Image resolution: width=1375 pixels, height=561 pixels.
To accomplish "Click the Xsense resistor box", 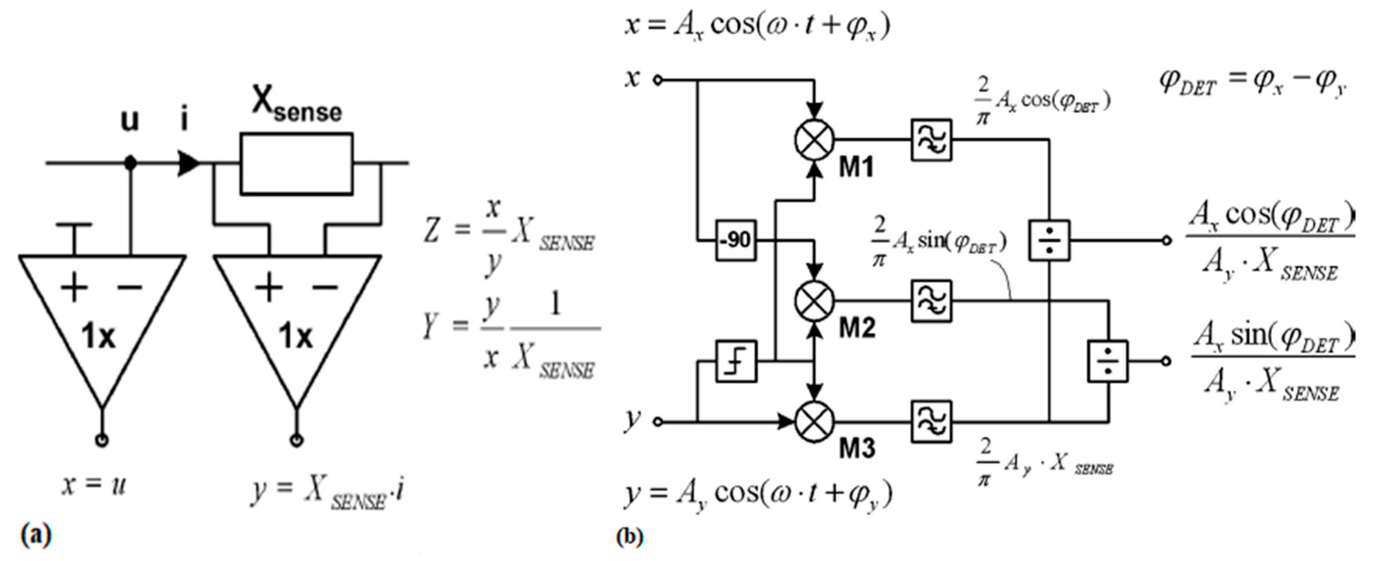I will (x=296, y=163).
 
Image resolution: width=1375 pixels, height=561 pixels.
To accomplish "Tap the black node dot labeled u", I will (x=130, y=163).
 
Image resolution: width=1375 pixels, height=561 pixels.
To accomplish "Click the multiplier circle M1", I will (x=814, y=140).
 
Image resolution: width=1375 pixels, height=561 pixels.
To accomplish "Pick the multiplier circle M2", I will (x=814, y=301).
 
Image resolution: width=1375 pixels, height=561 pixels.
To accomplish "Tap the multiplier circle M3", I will (x=814, y=421).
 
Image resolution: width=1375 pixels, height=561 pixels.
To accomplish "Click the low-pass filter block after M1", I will (x=931, y=140).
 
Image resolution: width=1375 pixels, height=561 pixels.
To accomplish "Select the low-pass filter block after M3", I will (x=931, y=421).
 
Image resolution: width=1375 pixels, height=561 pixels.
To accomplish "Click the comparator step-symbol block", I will (x=735, y=362).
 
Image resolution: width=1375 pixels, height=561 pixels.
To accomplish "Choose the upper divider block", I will (x=1049, y=241).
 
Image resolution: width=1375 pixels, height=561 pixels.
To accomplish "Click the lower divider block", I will (x=1108, y=361).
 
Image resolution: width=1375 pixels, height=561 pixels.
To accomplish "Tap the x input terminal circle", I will (x=658, y=81).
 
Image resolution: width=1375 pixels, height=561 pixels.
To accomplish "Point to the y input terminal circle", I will (x=658, y=421).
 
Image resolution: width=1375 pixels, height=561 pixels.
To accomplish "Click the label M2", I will (x=857, y=328).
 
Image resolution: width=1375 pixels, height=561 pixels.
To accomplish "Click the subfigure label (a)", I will (x=36, y=534).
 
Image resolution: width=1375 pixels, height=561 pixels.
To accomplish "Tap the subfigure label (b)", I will (x=630, y=536).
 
